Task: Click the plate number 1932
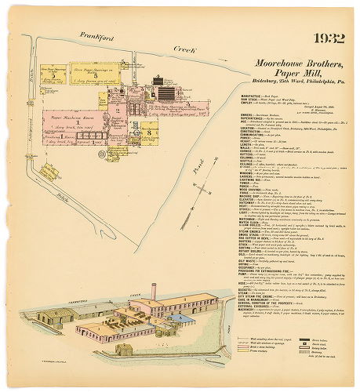(x=327, y=38)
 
